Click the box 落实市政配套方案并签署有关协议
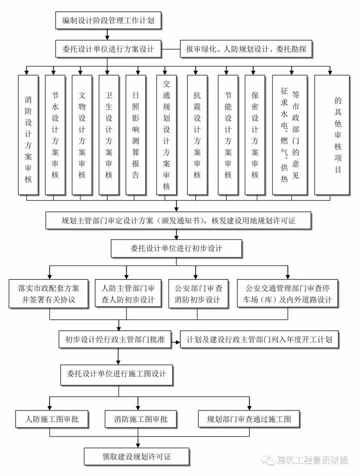pyautogui.click(x=48, y=294)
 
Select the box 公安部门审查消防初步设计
pyautogui.click(x=197, y=294)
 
